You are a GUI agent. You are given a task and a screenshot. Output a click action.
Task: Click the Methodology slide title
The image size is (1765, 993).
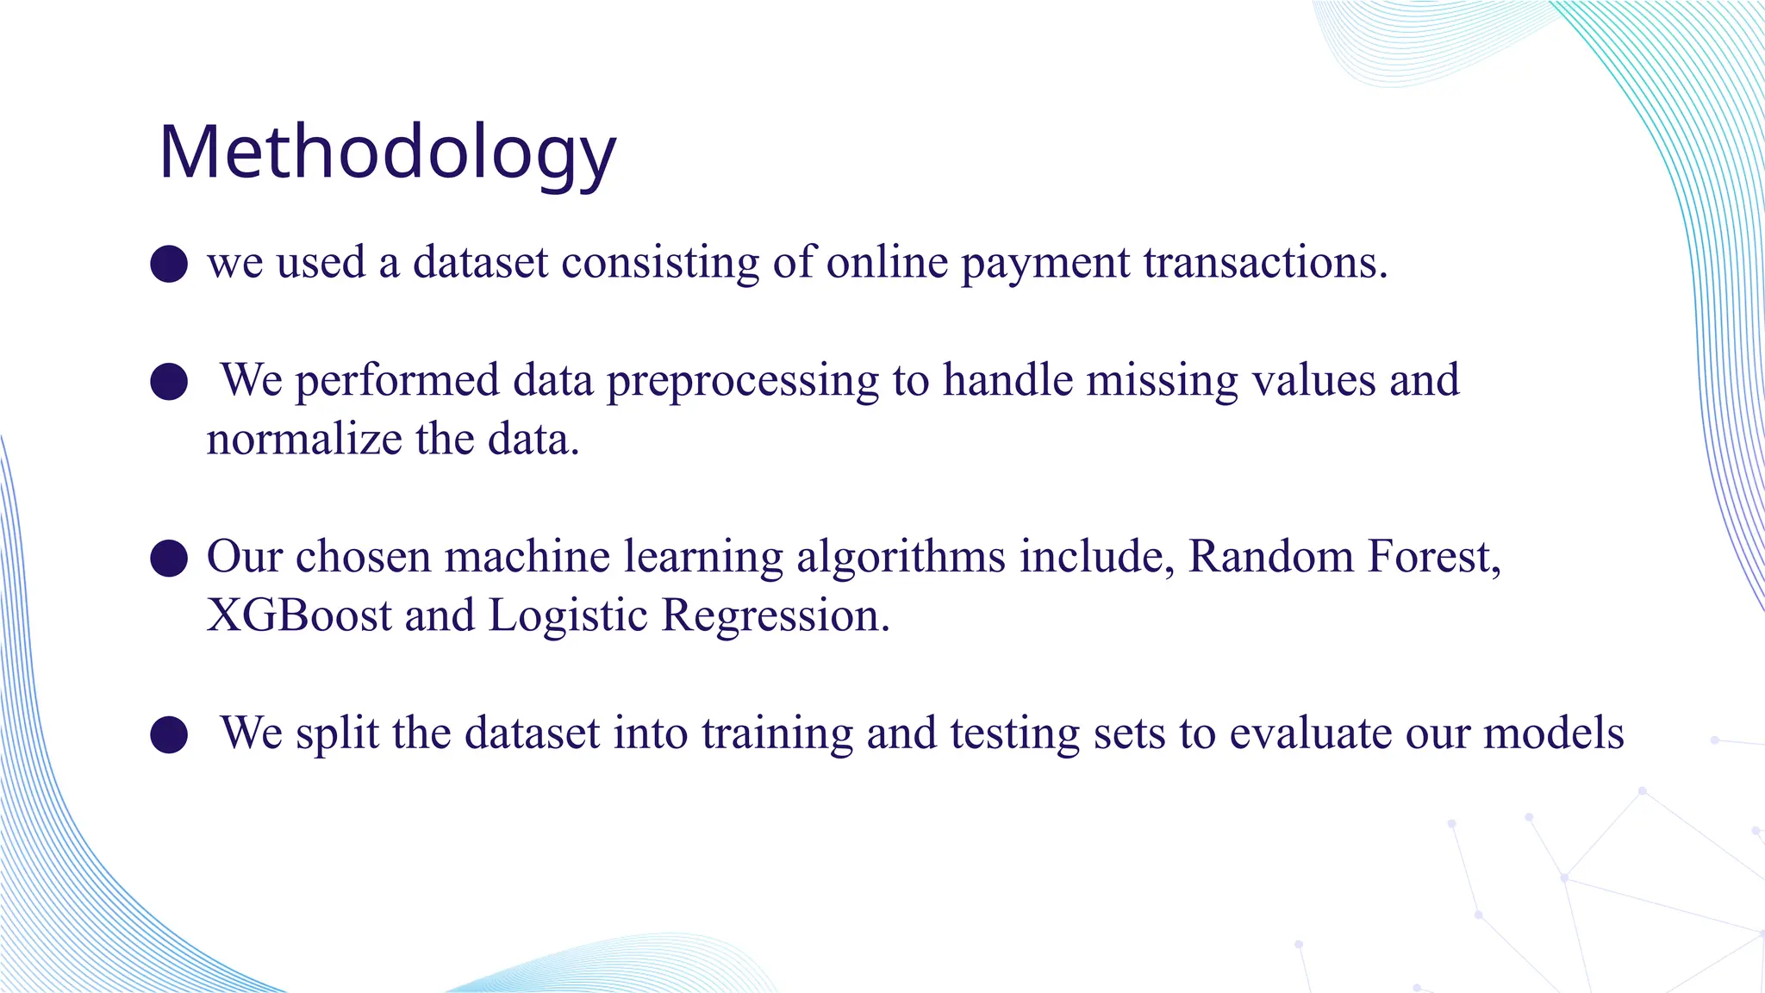[387, 153]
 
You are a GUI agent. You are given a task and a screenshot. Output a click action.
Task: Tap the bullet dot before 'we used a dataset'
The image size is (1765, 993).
[169, 264]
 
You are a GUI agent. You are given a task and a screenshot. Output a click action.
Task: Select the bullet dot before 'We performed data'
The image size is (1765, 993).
[169, 381]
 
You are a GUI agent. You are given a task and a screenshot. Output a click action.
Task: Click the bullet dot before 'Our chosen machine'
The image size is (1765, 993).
[169, 558]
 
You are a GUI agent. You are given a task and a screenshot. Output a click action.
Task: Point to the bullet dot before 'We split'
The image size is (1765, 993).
[169, 734]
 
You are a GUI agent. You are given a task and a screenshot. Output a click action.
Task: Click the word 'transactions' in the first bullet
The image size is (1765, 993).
[1265, 262]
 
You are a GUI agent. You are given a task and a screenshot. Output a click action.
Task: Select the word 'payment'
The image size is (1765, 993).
[1045, 264]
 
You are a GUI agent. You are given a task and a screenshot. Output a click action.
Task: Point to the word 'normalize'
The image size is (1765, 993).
[304, 440]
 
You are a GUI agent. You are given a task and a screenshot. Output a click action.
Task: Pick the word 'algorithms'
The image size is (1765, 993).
[901, 558]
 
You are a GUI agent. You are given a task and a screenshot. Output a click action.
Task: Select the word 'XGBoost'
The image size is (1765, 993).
[299, 616]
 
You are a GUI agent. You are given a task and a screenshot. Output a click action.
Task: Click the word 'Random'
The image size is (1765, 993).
[1270, 557]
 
